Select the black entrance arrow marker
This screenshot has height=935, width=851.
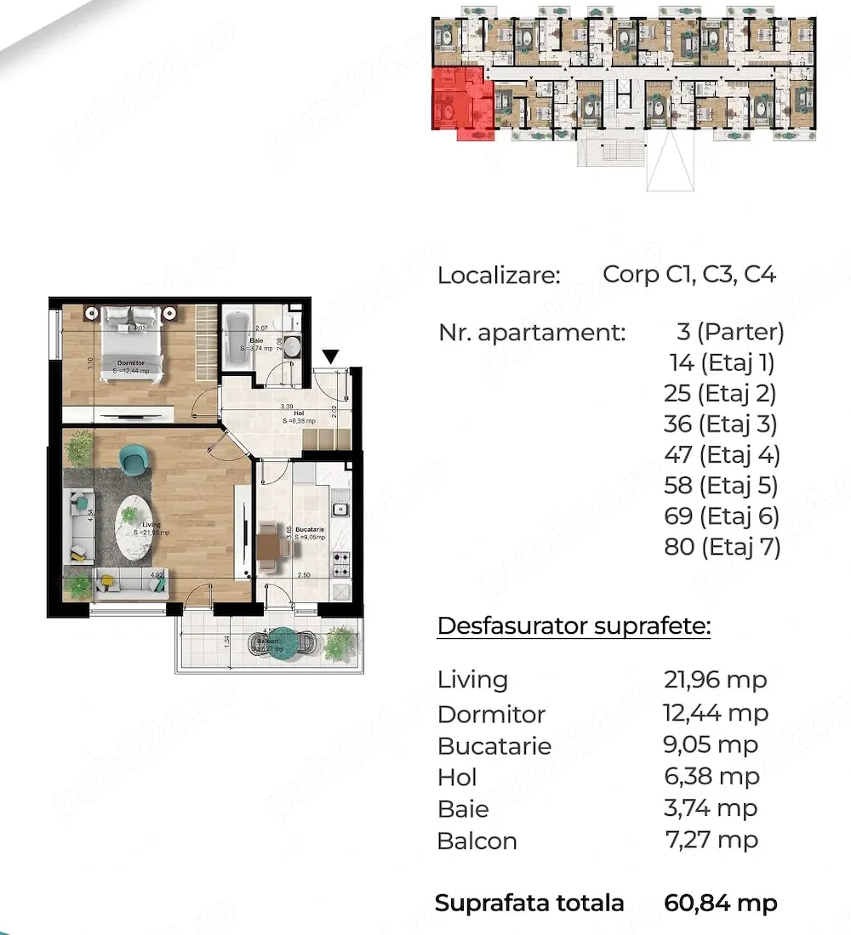pyautogui.click(x=331, y=356)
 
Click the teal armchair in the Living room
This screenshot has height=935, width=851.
pyautogui.click(x=134, y=460)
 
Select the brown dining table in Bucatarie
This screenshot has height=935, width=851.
pyautogui.click(x=268, y=544)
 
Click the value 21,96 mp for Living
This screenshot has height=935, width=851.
pyautogui.click(x=715, y=680)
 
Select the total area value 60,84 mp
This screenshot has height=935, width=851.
pyautogui.click(x=720, y=903)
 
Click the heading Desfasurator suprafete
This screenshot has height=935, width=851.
pyautogui.click(x=574, y=627)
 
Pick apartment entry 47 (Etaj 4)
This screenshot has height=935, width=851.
pyautogui.click(x=722, y=455)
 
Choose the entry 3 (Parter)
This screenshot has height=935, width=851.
pyautogui.click(x=726, y=332)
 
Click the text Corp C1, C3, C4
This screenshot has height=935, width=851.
pyautogui.click(x=689, y=275)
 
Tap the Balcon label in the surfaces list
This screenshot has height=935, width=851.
pyautogui.click(x=477, y=841)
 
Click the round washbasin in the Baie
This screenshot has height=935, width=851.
pyautogui.click(x=292, y=346)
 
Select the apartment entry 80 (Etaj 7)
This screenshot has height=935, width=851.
pyautogui.click(x=722, y=547)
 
